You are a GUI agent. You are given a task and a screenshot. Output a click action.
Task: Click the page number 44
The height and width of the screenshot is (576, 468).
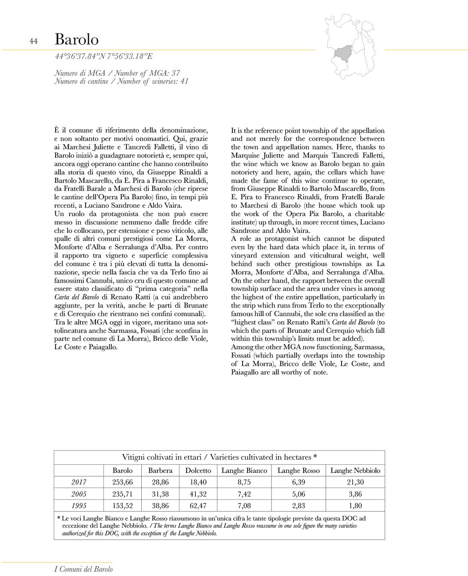[x=34, y=41]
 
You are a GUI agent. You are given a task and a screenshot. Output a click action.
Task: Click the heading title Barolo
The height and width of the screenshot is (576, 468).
[x=76, y=40]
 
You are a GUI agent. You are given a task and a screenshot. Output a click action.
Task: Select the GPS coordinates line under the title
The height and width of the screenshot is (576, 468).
[x=104, y=56]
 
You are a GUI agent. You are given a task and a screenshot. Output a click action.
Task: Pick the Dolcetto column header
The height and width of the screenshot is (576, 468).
[x=198, y=471]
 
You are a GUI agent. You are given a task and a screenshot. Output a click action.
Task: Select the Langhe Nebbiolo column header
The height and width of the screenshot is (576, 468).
[x=355, y=471]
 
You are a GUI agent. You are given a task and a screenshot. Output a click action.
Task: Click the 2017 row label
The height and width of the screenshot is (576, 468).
[x=79, y=482]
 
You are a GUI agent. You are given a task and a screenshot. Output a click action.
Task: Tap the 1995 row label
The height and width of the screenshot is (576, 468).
[x=79, y=506]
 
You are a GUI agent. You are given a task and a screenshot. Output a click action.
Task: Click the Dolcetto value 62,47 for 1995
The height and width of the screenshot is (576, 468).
[x=198, y=506]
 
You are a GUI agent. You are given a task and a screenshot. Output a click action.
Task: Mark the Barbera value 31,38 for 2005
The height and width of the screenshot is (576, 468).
[x=160, y=494]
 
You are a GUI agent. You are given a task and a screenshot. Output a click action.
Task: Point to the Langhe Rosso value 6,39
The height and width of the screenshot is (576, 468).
[x=299, y=482]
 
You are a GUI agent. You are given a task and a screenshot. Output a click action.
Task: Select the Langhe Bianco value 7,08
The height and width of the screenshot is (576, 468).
[x=244, y=506]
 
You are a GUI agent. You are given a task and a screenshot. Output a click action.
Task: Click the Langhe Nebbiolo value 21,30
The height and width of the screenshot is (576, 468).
[x=355, y=482]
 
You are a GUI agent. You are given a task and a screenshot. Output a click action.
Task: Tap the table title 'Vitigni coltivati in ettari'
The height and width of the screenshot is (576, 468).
[x=164, y=457]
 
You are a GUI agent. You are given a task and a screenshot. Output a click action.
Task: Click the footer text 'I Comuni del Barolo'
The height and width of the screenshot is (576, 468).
[x=84, y=569]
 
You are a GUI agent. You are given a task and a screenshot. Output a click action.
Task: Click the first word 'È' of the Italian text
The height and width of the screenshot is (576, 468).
[x=57, y=130]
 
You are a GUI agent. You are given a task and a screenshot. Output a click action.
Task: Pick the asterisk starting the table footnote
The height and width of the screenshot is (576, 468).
[x=59, y=518]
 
